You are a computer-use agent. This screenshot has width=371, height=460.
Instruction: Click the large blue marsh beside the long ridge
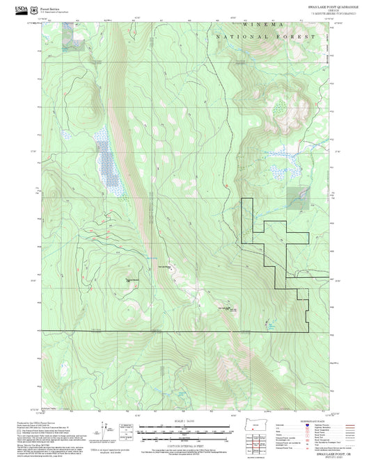[x=108, y=161]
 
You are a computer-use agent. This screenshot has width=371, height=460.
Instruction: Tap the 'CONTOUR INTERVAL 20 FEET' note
[x=184, y=445]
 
